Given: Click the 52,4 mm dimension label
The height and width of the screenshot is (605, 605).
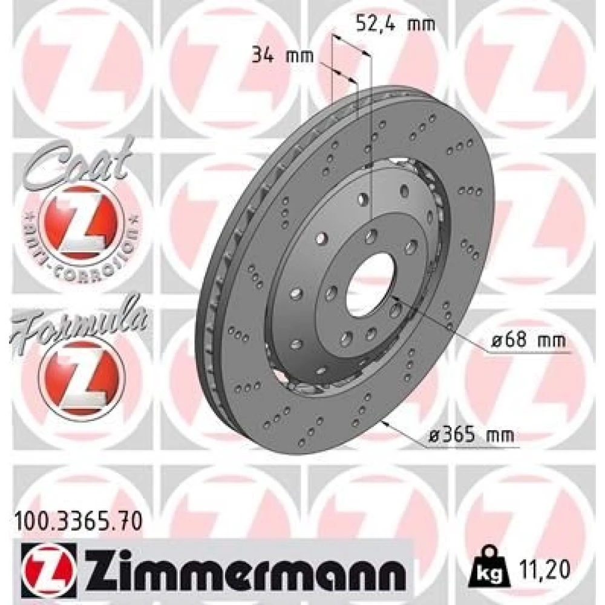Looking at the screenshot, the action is [395, 24].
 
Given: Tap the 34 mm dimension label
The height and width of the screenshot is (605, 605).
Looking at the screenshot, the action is [283, 56].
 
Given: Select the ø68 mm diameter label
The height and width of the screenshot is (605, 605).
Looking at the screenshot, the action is [528, 340].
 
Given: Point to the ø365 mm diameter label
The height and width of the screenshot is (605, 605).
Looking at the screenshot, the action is [473, 435].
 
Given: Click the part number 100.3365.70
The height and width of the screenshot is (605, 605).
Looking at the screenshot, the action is [78, 522].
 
